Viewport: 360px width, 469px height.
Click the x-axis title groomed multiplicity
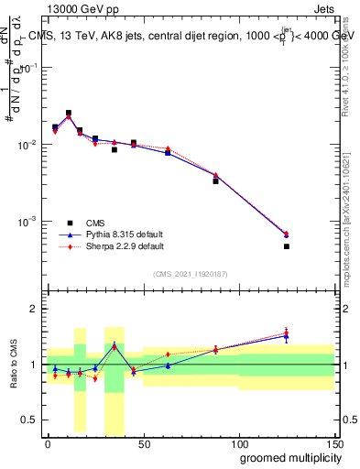[x=286, y=456]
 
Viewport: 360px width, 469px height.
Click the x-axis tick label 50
[x=143, y=443]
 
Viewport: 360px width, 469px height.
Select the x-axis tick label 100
[x=238, y=443]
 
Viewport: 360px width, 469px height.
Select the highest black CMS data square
[x=69, y=113]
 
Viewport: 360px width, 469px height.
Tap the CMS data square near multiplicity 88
[x=215, y=181]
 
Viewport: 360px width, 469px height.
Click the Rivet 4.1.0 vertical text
[x=346, y=69]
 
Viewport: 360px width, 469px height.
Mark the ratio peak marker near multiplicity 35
[x=115, y=345]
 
